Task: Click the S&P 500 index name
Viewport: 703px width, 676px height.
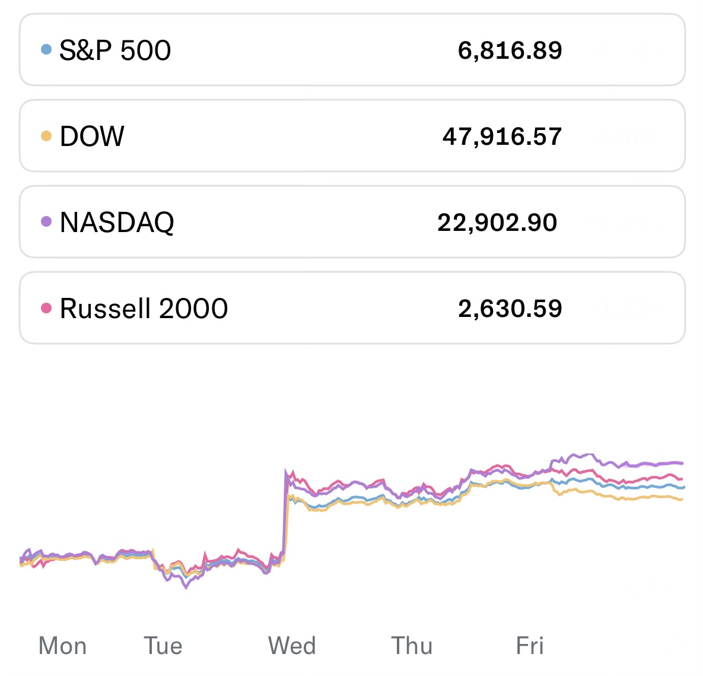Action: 115,50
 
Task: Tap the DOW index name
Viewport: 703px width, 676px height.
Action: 92,137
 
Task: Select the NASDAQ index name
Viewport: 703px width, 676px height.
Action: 117,223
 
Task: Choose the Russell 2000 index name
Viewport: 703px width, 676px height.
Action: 144,309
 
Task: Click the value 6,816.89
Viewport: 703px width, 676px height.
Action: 510,50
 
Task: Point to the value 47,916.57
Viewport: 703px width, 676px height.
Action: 502,137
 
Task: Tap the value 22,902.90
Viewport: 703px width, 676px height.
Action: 497,223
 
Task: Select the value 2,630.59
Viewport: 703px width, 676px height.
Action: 510,309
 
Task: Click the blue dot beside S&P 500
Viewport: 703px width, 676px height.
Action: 46,49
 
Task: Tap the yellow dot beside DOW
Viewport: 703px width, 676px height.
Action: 46,136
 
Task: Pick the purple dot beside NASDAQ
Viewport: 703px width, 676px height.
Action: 46,221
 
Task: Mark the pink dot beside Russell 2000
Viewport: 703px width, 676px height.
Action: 46,307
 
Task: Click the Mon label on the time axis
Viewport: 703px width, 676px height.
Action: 62,646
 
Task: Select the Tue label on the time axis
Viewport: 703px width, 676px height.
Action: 163,646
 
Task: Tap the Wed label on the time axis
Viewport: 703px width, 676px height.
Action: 292,646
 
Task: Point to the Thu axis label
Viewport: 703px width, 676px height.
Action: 412,646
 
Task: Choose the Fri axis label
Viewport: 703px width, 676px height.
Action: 530,646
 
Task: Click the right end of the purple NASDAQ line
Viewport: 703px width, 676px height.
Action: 682,463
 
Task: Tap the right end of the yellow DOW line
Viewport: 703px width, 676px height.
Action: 682,500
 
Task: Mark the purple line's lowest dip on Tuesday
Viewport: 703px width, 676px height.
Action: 186,588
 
